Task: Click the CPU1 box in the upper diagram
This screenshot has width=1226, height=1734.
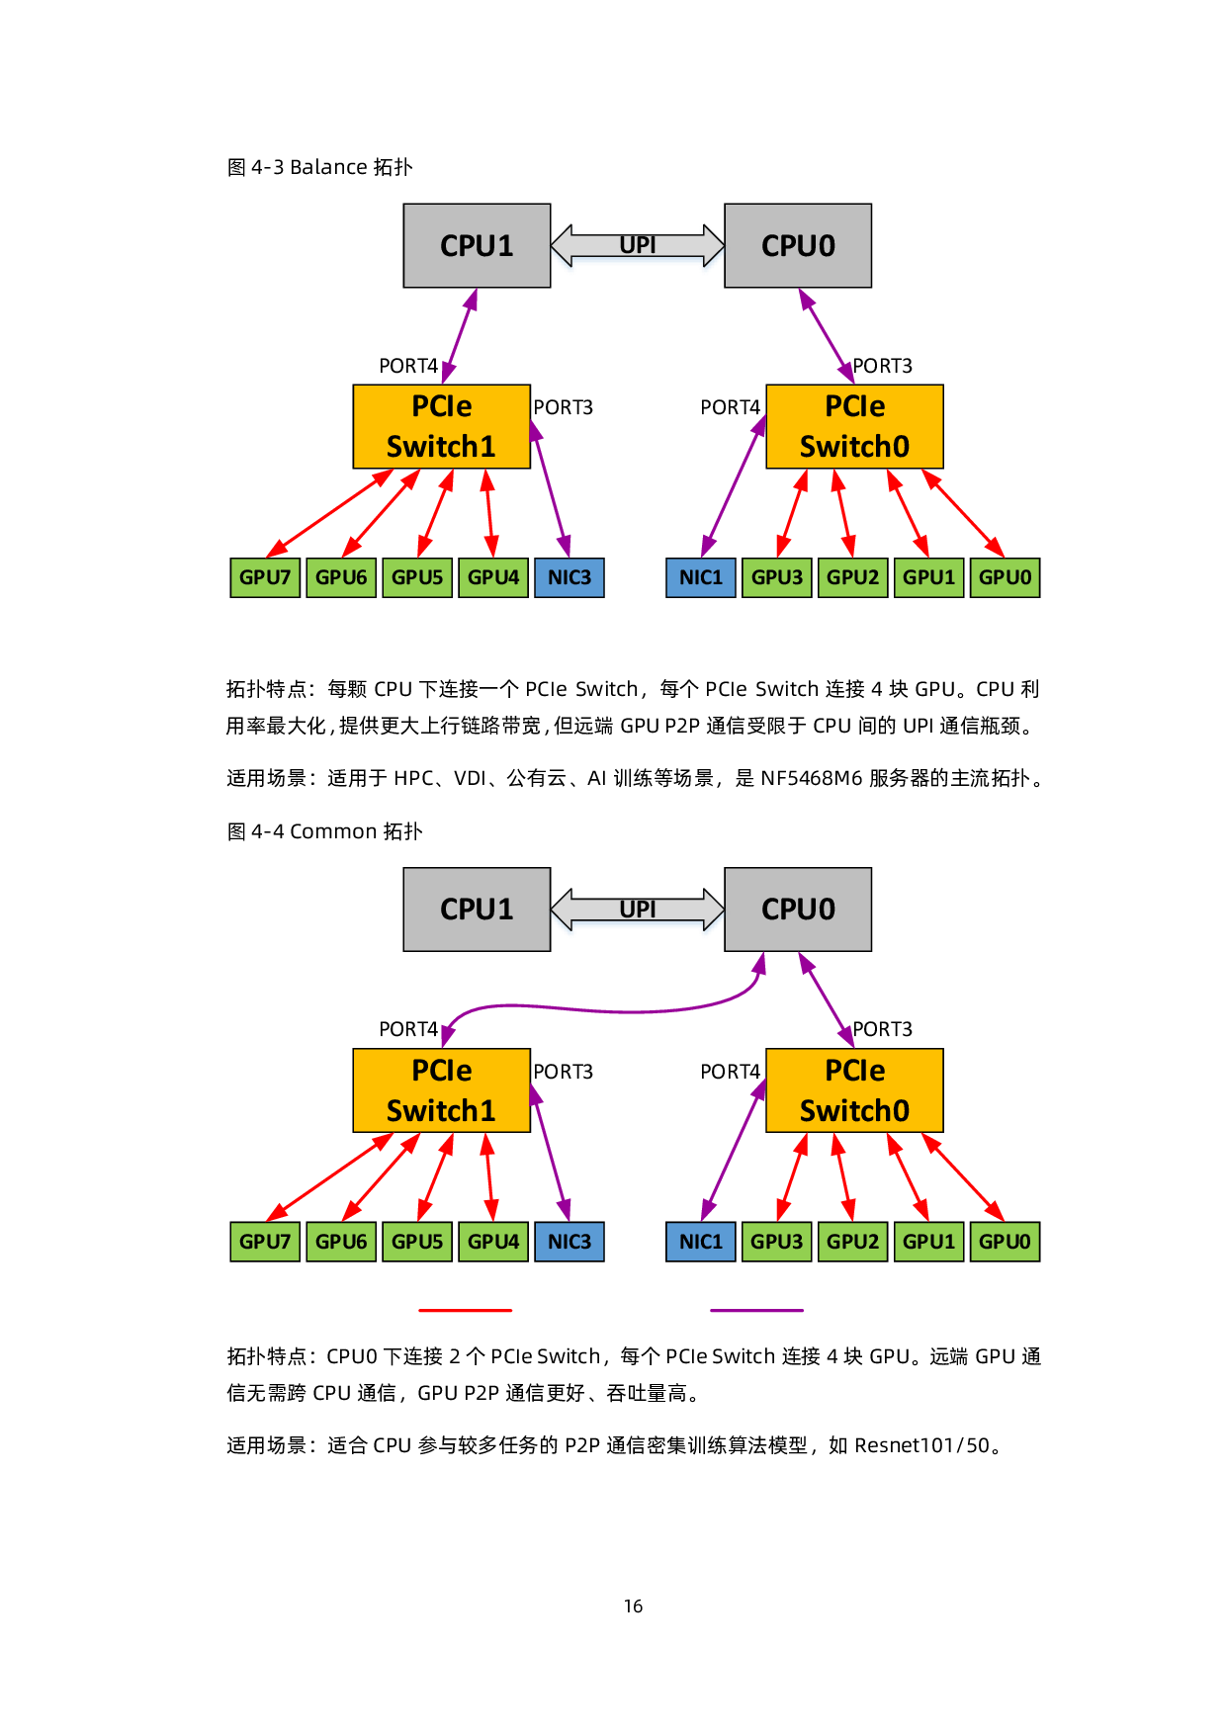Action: [x=477, y=245]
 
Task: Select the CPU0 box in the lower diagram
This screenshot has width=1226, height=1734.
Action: [x=798, y=910]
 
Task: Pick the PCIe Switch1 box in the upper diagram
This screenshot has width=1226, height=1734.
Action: [x=442, y=426]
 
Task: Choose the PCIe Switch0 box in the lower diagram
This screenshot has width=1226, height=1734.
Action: [x=854, y=1090]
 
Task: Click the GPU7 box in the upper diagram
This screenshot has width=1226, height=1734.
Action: [x=265, y=577]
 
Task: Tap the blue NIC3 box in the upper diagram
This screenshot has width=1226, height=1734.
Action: [x=569, y=577]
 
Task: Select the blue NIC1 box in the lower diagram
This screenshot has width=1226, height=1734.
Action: [x=701, y=1242]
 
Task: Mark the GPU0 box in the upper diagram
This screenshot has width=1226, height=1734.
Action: [x=1005, y=577]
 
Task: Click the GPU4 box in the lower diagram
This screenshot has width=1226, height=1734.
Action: [x=493, y=1242]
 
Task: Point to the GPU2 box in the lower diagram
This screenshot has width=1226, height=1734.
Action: [x=852, y=1242]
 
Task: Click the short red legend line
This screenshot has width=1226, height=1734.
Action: [x=466, y=1311]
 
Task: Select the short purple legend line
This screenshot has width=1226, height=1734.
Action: [x=756, y=1311]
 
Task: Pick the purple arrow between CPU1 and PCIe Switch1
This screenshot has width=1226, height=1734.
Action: [x=460, y=336]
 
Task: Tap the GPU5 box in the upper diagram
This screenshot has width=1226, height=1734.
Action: [x=417, y=577]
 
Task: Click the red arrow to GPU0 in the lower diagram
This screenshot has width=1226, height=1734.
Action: [x=964, y=1176]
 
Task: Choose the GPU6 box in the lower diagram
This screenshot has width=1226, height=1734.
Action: [x=341, y=1242]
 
